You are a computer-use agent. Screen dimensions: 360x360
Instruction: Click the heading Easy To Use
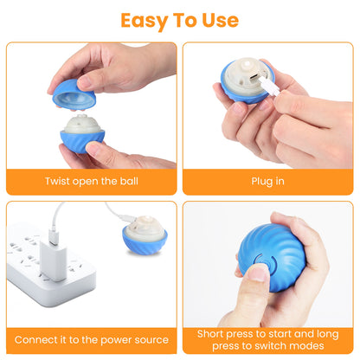tap(180, 20)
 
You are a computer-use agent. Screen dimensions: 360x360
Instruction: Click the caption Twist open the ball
tap(91, 182)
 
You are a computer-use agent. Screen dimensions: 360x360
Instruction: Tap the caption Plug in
tap(267, 182)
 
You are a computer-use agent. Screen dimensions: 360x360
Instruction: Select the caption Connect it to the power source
tap(91, 339)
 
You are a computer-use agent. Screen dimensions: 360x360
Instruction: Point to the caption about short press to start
tap(267, 339)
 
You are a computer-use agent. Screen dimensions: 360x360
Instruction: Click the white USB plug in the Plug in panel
tap(269, 87)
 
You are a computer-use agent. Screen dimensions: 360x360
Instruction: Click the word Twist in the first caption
tap(59, 182)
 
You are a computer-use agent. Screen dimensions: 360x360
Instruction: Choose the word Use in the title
tap(220, 20)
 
